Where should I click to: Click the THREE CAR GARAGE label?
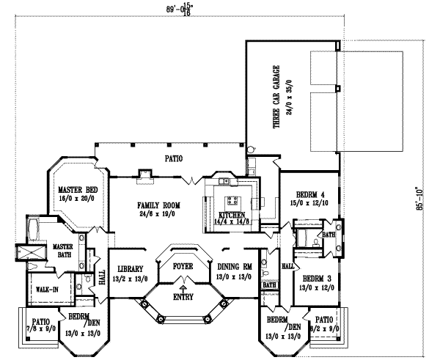277,98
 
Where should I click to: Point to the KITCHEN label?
231,215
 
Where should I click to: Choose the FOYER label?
182,266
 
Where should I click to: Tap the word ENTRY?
183,297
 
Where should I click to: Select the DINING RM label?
235,267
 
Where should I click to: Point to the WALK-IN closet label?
47,290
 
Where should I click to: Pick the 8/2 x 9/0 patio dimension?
323,330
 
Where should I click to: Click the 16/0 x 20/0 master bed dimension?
76,199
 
